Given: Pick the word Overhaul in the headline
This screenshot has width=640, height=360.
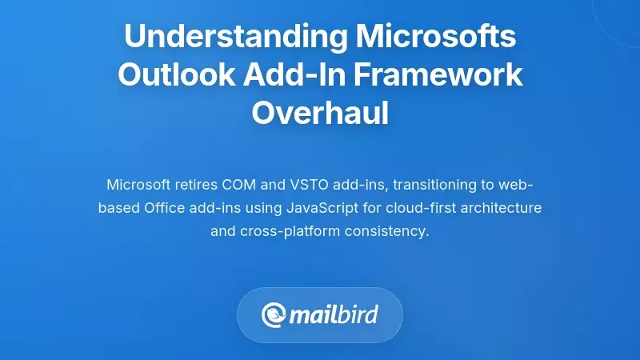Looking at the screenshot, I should tap(320, 113).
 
